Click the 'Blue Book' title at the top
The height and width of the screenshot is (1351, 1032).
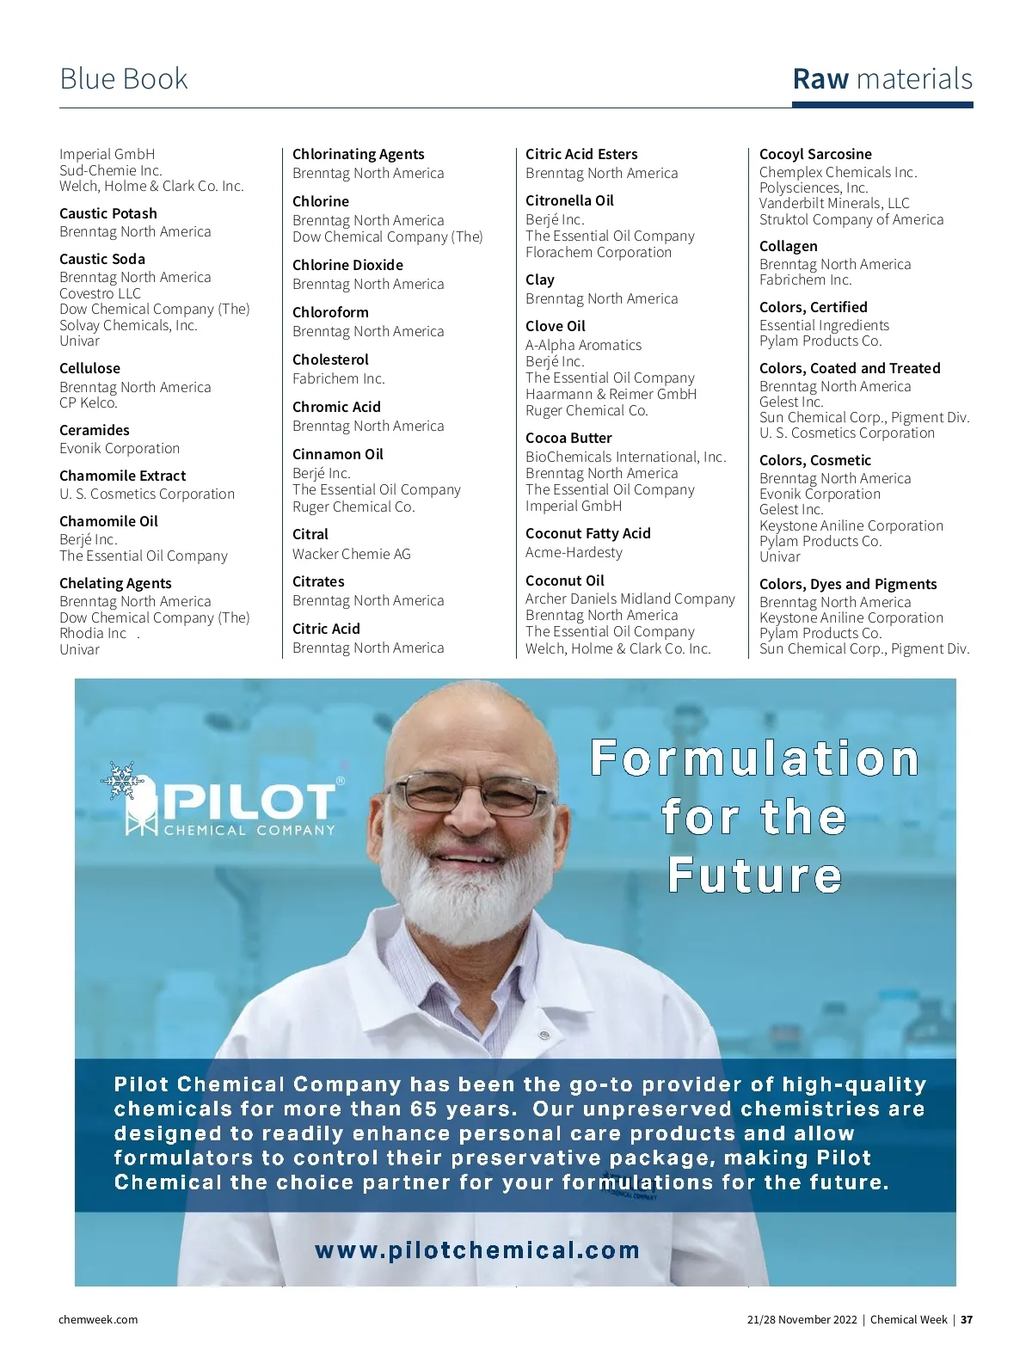(124, 79)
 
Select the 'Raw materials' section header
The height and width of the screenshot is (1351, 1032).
(882, 79)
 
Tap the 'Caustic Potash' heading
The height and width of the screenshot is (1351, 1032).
(108, 213)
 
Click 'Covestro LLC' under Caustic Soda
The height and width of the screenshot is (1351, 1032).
(100, 293)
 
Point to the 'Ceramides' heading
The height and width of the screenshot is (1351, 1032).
(95, 430)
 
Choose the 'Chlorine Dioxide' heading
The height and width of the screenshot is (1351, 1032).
(347, 265)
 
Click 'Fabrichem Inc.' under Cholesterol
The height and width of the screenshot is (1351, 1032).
(339, 378)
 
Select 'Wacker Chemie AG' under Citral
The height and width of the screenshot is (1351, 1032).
(352, 554)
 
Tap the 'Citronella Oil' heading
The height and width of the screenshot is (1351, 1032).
(569, 200)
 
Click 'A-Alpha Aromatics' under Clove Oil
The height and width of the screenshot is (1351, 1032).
(583, 345)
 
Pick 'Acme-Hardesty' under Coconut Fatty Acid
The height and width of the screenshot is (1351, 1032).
(574, 552)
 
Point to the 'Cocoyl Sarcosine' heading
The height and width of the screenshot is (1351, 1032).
(815, 154)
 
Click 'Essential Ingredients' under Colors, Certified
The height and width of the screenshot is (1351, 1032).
(824, 325)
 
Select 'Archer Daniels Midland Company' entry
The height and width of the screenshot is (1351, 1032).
(630, 599)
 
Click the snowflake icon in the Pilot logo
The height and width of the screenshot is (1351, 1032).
(121, 780)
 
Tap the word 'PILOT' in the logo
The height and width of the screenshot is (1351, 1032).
(249, 801)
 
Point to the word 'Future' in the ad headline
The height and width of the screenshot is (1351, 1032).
(755, 875)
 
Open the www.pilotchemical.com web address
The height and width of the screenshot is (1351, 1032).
(477, 1250)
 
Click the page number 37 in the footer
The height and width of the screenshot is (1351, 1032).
(967, 1319)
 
